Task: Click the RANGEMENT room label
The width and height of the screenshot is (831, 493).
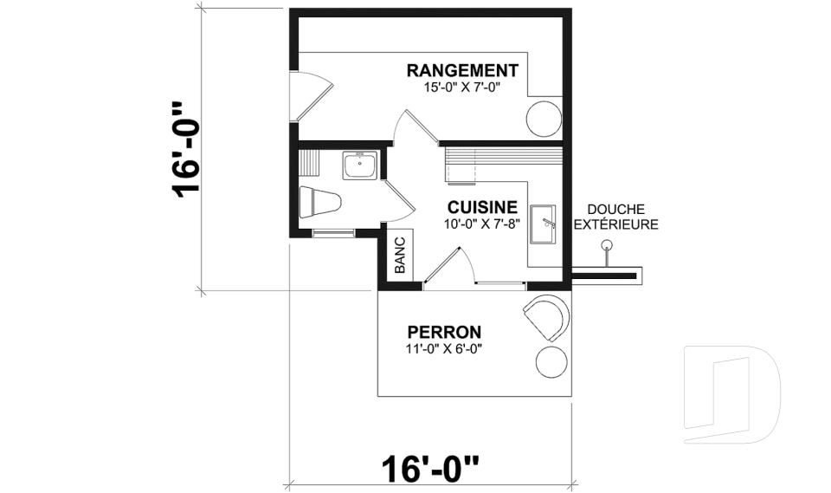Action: (x=462, y=70)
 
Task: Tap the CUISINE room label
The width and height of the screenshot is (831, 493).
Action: (x=482, y=208)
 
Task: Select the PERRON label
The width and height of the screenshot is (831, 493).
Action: (x=444, y=332)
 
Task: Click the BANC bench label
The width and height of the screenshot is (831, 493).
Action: (x=400, y=256)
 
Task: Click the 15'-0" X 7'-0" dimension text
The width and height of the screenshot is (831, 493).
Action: (x=462, y=87)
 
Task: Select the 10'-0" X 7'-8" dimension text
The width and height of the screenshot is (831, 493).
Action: (x=482, y=224)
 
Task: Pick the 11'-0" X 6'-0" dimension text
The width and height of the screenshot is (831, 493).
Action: (x=443, y=348)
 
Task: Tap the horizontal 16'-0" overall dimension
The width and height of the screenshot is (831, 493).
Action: (x=430, y=471)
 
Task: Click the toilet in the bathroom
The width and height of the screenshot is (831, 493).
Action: (x=318, y=203)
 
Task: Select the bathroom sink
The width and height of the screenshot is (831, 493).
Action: (x=358, y=165)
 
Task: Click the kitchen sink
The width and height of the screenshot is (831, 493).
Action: (x=544, y=224)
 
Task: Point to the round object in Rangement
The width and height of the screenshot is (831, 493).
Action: (x=544, y=119)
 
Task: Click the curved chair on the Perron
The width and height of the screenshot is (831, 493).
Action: (x=547, y=315)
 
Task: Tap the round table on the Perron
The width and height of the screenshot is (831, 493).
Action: (x=551, y=361)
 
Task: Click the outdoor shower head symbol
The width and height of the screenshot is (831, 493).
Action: (x=608, y=247)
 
